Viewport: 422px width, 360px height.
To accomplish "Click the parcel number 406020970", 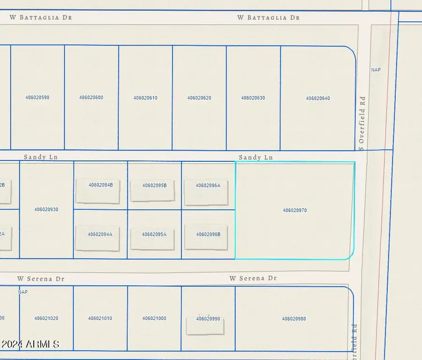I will [294, 210].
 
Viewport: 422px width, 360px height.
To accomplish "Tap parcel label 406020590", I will [37, 97].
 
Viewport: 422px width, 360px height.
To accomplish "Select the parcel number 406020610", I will [145, 98].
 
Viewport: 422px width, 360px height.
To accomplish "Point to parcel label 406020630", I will [253, 98].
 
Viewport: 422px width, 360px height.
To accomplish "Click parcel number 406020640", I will [318, 98].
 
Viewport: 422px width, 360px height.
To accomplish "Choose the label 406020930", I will [46, 210].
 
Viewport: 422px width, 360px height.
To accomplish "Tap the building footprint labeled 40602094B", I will [98, 191].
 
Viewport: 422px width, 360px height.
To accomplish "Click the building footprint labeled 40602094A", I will [98, 238].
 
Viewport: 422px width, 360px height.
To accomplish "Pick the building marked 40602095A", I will [152, 238].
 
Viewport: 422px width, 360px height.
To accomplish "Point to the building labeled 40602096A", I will [206, 192].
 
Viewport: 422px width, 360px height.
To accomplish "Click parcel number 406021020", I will [46, 318].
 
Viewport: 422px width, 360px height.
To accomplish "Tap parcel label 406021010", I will [100, 318].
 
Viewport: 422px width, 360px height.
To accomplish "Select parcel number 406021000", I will [154, 318].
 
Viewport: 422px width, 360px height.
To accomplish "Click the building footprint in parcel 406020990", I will [205, 326].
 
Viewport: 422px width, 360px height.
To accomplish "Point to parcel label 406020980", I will [294, 319].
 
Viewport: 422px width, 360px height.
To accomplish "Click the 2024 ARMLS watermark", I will [30, 345].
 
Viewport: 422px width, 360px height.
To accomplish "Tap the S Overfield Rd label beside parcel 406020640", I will [362, 123].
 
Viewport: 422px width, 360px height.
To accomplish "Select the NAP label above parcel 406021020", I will [23, 292].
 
